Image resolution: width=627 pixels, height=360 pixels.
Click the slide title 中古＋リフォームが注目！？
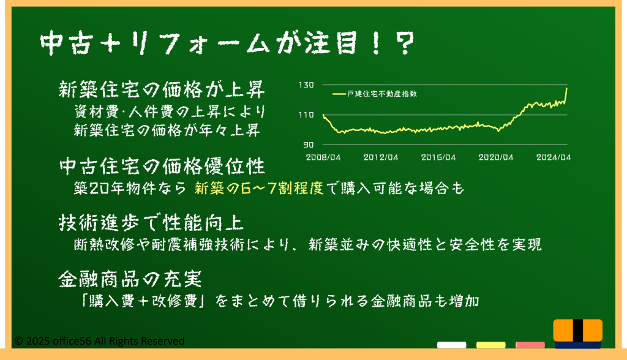coord(227,43)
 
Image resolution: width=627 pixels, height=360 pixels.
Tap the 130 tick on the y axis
coord(306,85)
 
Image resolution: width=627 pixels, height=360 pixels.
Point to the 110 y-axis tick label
coord(306,115)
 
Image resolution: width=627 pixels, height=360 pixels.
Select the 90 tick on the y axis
coord(308,145)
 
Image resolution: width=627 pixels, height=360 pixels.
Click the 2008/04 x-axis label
coord(323,157)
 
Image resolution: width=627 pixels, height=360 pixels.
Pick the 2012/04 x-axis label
coord(381,157)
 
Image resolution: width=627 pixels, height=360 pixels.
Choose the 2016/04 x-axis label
coord(438,157)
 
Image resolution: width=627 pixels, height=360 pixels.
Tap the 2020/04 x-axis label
coord(496,157)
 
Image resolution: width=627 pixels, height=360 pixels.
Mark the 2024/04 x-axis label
coord(554,157)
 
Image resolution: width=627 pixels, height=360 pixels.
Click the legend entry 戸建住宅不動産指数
coord(375,94)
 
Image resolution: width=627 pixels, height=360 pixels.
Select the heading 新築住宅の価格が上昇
coord(162,89)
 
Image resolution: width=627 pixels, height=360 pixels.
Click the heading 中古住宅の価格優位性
coord(162,166)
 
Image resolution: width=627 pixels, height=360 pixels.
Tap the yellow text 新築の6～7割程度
coord(259,188)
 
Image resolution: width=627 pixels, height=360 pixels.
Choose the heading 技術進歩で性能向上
coord(151,222)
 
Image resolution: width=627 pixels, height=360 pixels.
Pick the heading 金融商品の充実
coord(130,279)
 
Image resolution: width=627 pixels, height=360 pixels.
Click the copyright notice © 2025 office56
coord(99,341)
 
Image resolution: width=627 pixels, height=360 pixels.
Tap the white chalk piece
coord(451,345)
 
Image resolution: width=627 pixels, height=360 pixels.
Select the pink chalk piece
coord(530,345)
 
